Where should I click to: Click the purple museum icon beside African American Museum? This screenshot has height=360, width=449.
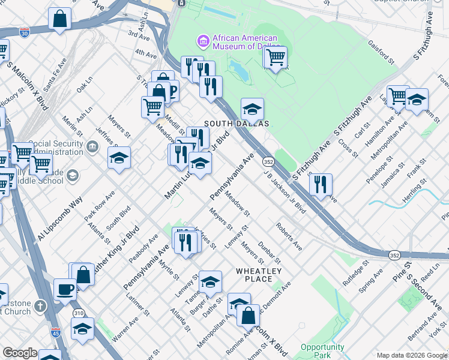pos(203,41)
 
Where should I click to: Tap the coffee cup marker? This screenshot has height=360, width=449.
pos(65,290)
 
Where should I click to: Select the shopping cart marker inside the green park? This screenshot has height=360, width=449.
pos(276,58)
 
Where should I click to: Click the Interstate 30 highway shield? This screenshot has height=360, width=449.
pos(25,32)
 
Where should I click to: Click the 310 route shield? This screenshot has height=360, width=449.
pos(77,313)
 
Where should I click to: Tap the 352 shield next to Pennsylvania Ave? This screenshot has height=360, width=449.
pos(268,162)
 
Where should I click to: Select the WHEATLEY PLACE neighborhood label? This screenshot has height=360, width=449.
pos(259,275)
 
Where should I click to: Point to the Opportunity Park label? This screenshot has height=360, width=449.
pos(322,351)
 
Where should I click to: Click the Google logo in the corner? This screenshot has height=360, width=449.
pos(20,353)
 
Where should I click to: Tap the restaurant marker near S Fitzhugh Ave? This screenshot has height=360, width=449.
pos(321,185)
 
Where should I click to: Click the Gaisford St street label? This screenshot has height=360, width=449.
pos(382,52)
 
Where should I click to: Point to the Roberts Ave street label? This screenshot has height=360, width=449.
pos(289,236)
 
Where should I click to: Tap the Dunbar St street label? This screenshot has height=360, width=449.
pos(270,252)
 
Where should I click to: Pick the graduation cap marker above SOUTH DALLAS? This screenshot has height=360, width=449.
pos(252,109)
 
